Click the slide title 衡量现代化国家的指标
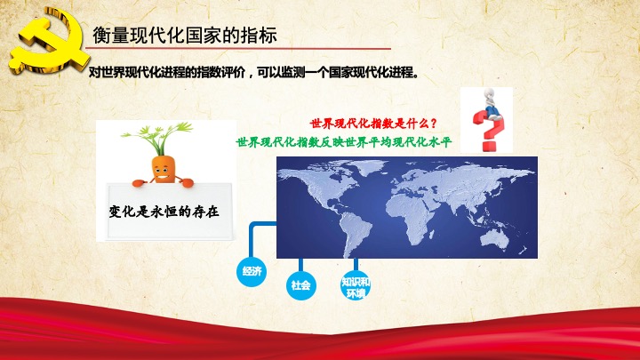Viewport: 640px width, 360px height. point(185,36)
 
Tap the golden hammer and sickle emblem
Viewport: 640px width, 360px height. point(47,41)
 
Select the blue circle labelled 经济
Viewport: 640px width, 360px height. point(252,271)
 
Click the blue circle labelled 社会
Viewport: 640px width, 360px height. point(300,285)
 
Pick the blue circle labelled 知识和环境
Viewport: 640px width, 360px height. point(356,286)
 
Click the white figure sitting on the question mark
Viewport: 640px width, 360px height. point(492,104)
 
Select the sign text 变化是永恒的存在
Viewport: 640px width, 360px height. point(164,212)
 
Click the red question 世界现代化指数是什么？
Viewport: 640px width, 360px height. point(373,124)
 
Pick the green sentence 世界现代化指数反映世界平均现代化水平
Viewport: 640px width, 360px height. point(344,142)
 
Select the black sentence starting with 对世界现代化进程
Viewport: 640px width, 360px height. point(254,73)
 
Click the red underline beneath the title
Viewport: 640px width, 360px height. point(238,49)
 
